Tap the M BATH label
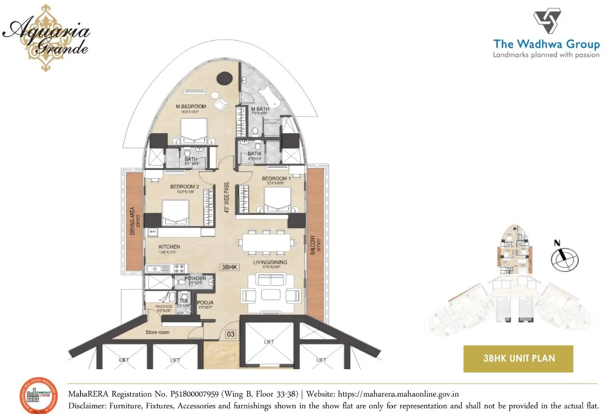click(x=259, y=109)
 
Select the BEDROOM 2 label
click(x=185, y=187)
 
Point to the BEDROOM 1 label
click(x=276, y=178)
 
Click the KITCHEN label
click(x=169, y=247)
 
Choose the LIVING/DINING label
click(x=270, y=262)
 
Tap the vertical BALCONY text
click(x=313, y=245)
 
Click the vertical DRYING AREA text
click(x=133, y=221)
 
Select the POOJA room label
click(x=205, y=303)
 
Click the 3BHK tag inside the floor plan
click(x=230, y=267)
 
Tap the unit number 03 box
click(x=230, y=334)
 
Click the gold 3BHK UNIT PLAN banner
click(x=518, y=358)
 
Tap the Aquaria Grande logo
click(x=46, y=36)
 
